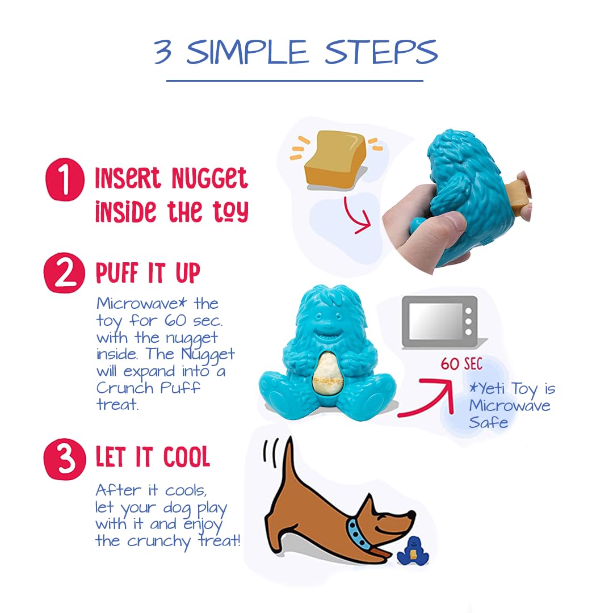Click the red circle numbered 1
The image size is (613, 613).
65,179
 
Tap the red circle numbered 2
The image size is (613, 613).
65,272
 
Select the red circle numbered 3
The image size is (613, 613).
65,459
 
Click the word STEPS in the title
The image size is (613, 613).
381,52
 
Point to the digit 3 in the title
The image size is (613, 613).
163,52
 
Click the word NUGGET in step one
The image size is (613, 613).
210,178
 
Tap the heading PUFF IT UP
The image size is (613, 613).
148,272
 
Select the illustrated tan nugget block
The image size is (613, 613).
335,158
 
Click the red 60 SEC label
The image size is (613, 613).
461,364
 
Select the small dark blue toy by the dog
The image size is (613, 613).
413,551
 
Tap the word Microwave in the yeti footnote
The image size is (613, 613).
510,405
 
